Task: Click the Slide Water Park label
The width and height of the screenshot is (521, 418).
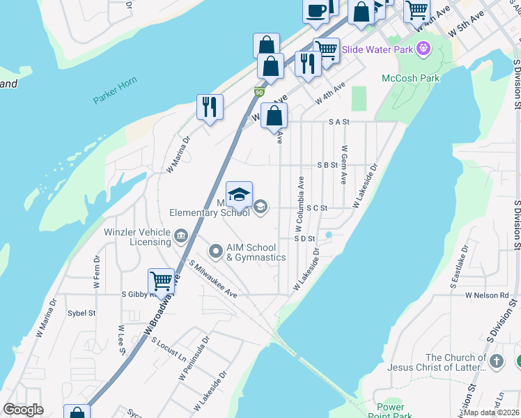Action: pyautogui.click(x=377, y=49)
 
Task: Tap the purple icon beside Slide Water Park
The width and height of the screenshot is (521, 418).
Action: pyautogui.click(x=423, y=49)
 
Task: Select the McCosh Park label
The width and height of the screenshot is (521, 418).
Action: pyautogui.click(x=411, y=78)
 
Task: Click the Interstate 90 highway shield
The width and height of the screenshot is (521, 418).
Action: pyautogui.click(x=258, y=92)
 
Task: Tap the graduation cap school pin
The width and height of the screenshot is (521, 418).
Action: pyautogui.click(x=239, y=195)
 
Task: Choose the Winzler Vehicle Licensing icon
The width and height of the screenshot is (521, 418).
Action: pyautogui.click(x=181, y=236)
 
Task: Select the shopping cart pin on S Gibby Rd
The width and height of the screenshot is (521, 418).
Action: pyautogui.click(x=162, y=281)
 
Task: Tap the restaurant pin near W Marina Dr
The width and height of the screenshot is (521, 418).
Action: pyautogui.click(x=210, y=107)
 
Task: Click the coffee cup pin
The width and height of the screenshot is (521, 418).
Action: pyautogui.click(x=316, y=10)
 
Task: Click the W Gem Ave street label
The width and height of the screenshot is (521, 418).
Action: pyautogui.click(x=344, y=164)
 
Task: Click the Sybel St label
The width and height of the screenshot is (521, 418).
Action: pyautogui.click(x=81, y=313)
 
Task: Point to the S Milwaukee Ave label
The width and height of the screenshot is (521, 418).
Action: pyautogui.click(x=213, y=279)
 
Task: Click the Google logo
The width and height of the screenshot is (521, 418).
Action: pyautogui.click(x=23, y=410)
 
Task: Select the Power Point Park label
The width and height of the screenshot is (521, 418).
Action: pyautogui.click(x=391, y=411)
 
